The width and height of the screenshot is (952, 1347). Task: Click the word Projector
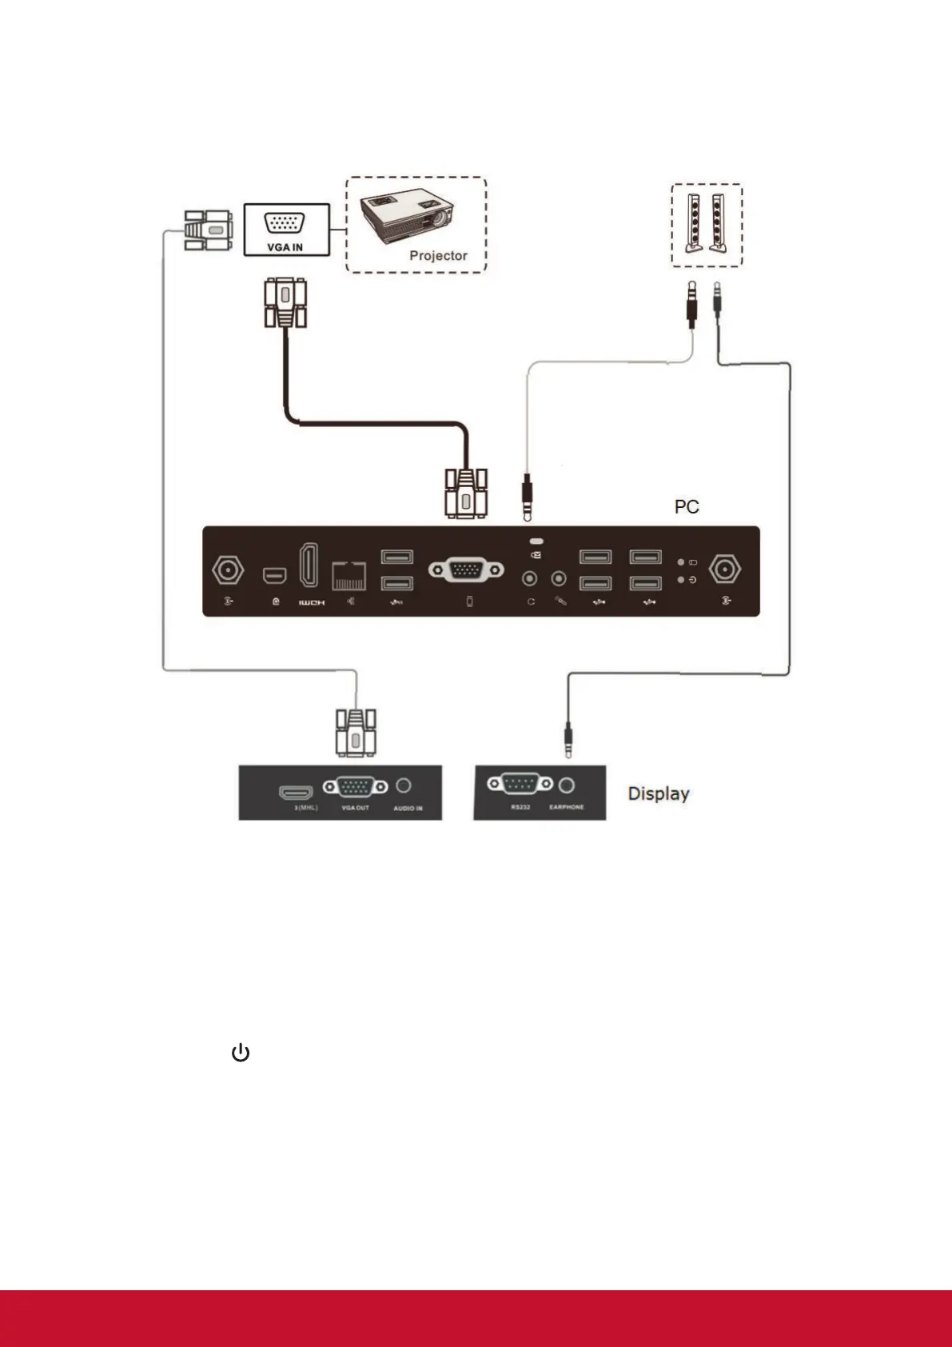(438, 256)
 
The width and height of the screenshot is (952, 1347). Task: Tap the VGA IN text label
(285, 247)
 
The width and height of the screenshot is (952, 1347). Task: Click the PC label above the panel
(687, 507)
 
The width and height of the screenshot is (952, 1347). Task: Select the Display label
(659, 793)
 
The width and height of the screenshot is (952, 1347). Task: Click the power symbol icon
(241, 1053)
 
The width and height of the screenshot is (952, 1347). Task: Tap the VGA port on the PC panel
(466, 570)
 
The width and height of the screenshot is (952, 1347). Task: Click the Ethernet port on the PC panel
(349, 575)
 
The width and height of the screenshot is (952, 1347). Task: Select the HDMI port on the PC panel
(309, 566)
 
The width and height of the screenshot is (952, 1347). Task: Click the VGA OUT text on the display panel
(356, 808)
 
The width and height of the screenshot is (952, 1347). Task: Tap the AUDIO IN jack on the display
(404, 786)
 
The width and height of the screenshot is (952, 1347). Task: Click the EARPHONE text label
(567, 807)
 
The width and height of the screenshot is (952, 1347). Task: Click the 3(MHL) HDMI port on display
(296, 793)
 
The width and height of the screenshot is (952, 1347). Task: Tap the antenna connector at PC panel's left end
(228, 570)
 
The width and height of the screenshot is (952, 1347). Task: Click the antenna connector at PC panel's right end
(725, 569)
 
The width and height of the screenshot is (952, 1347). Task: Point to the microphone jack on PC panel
(560, 578)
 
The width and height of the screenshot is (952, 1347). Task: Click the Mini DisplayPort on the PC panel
(274, 575)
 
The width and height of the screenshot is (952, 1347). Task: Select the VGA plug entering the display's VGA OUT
(355, 732)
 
